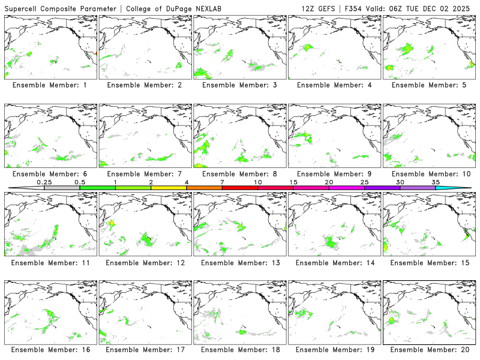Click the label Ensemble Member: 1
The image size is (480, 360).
click(x=49, y=85)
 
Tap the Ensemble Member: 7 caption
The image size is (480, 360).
click(x=144, y=174)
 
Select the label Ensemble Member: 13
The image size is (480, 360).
click(x=239, y=262)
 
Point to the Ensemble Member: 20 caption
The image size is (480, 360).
click(x=428, y=350)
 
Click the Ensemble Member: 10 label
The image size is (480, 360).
click(x=428, y=174)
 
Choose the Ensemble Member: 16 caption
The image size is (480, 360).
click(x=49, y=350)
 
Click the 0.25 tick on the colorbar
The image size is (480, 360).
click(x=44, y=182)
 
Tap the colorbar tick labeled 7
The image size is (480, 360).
click(x=222, y=182)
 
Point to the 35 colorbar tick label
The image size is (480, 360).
click(x=436, y=182)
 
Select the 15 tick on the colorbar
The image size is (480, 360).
click(x=293, y=182)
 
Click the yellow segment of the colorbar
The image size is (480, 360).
click(x=169, y=188)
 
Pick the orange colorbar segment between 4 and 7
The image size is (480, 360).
click(x=204, y=188)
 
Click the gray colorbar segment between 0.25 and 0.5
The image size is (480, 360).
click(x=62, y=188)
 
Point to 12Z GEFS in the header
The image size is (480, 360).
click(x=318, y=8)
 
